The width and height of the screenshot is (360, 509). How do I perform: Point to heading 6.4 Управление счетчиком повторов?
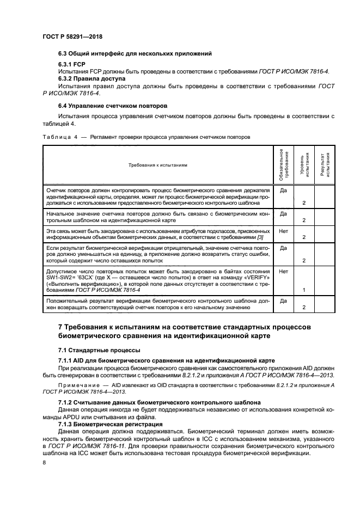113,105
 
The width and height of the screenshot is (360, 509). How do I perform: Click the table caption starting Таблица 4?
146,137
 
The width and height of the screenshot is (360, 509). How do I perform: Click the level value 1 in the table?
303,291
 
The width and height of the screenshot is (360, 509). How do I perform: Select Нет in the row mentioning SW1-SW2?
283,271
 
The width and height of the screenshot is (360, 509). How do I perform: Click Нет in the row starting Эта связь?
283,231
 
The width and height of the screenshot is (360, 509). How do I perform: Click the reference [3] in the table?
260,237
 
